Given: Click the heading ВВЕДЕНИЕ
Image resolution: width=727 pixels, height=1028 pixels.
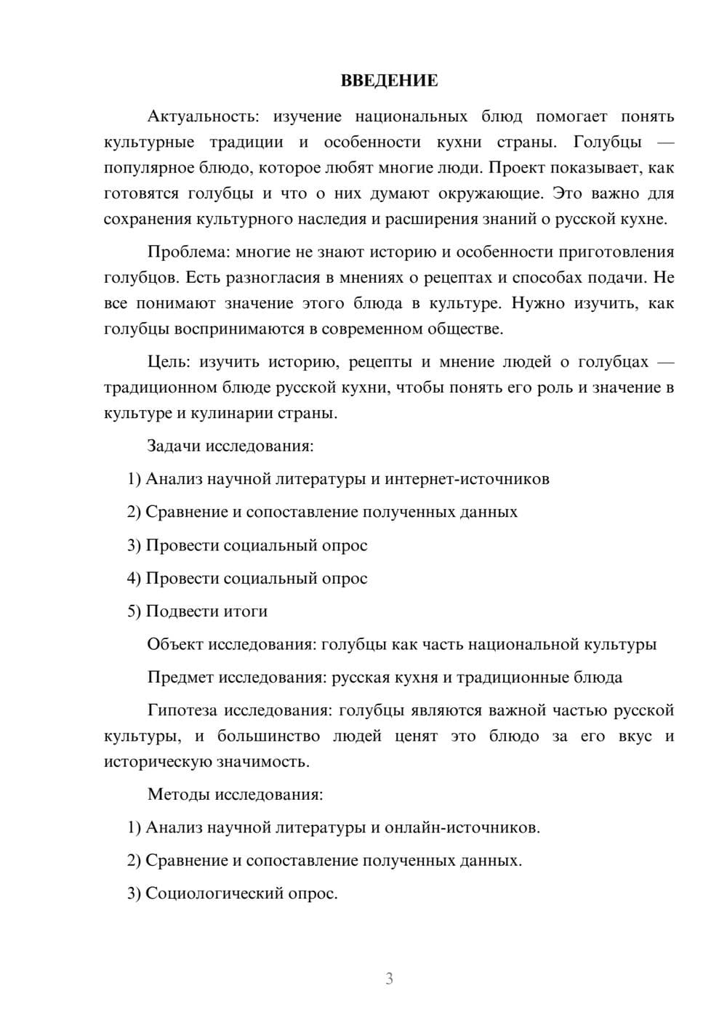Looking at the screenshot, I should (x=389, y=81).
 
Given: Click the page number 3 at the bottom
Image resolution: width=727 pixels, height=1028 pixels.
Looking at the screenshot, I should (x=389, y=979).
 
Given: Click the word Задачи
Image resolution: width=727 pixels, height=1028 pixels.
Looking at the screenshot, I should (x=174, y=446).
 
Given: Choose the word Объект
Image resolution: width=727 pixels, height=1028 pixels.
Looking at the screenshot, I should (x=175, y=644).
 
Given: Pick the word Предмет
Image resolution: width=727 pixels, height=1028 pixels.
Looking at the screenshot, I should (x=180, y=677).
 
